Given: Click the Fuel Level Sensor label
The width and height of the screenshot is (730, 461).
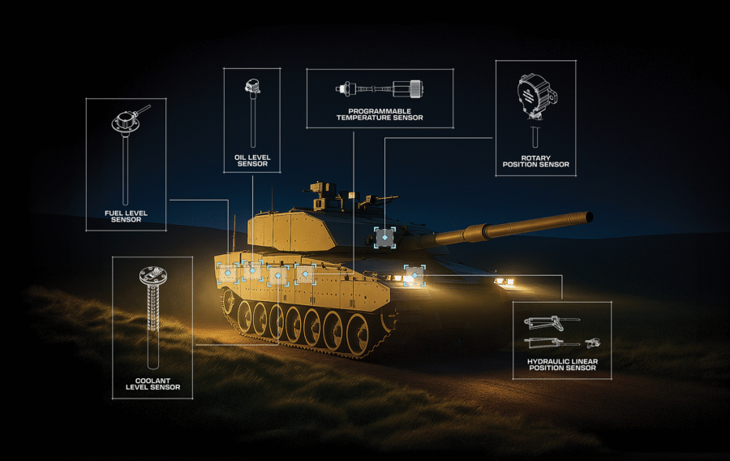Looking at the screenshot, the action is (x=126, y=216).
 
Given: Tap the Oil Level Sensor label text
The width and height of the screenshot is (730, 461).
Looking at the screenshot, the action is (x=252, y=161).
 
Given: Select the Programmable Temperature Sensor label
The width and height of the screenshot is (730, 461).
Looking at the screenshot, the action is (x=380, y=114).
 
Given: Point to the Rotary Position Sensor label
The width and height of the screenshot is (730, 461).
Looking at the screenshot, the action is (x=536, y=162).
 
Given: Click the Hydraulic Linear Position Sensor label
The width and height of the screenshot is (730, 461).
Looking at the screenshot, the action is (x=562, y=364).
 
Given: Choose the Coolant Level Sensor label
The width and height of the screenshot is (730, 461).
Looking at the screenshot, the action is (x=152, y=384).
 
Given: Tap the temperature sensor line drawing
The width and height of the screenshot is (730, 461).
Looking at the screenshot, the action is (x=380, y=88).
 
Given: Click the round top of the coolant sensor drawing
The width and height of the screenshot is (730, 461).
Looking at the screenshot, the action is (x=153, y=276).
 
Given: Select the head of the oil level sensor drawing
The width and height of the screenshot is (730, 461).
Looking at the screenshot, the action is (x=252, y=86).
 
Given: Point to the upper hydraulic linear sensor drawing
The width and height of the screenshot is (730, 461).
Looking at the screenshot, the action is (x=552, y=321).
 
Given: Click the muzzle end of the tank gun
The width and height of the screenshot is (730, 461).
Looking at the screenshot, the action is (x=589, y=217).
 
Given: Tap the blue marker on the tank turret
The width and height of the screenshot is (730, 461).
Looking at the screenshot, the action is (x=385, y=238).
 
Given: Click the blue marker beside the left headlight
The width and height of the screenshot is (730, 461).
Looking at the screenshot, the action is (x=414, y=276).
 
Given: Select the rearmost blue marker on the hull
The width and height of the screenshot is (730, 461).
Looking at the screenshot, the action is (x=228, y=273).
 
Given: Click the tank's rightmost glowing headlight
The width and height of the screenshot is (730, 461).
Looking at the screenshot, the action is (x=505, y=282).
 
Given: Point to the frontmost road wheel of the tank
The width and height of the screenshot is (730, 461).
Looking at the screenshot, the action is (x=359, y=334).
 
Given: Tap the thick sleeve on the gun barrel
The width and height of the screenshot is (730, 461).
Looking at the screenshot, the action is (x=477, y=231).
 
